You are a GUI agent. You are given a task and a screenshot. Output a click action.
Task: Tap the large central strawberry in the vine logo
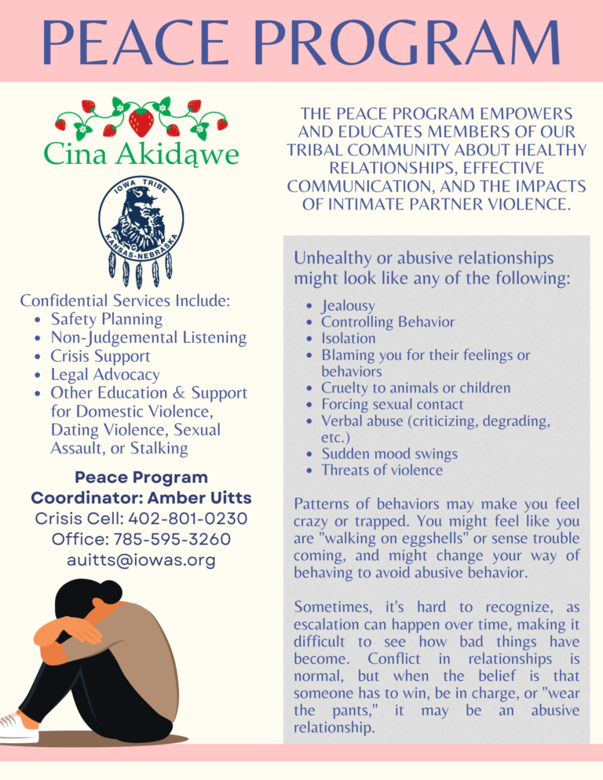pyautogui.click(x=141, y=122)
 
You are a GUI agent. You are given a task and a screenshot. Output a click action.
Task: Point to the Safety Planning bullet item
pyautogui.click(x=107, y=319)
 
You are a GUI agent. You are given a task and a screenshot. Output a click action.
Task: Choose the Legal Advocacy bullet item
pyautogui.click(x=105, y=374)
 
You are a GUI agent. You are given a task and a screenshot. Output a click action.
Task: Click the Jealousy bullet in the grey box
pyautogui.click(x=348, y=306)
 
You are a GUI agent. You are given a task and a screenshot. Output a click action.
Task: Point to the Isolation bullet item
pyautogui.click(x=349, y=339)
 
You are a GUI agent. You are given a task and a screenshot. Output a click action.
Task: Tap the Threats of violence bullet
pyautogui.click(x=382, y=471)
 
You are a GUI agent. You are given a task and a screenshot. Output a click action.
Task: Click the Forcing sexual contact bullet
pyautogui.click(x=393, y=405)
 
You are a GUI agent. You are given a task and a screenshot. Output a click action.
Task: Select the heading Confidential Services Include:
pyautogui.click(x=125, y=301)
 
